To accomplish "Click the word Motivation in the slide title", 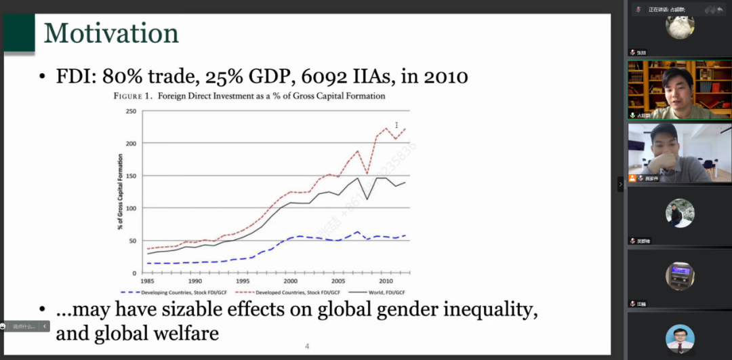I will [111, 33].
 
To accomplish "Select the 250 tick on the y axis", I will [131, 111].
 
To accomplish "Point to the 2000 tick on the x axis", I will [291, 280].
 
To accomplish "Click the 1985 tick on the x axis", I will [147, 280].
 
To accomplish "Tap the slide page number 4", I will [306, 346].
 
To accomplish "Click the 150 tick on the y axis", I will [131, 176].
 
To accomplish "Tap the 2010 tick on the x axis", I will [386, 280].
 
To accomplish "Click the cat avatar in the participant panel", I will [679, 27].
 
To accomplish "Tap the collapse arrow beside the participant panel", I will [619, 184].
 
